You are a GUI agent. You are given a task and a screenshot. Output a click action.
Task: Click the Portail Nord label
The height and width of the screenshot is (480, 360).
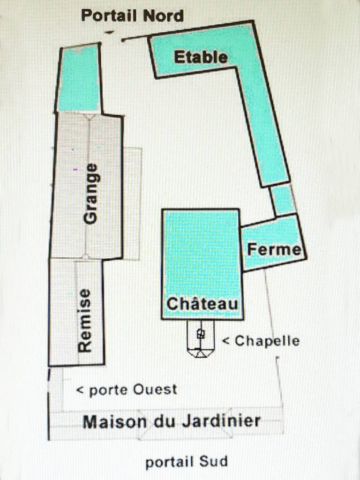coord(132,15)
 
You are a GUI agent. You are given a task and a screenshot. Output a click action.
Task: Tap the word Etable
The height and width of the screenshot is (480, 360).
coord(201,57)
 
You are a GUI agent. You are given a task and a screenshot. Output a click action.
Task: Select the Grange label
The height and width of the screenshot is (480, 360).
coord(91,194)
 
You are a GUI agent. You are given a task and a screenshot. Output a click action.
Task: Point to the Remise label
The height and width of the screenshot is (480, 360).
coord(84,321)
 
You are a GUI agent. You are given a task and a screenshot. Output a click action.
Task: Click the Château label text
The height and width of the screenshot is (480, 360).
coord(202,303)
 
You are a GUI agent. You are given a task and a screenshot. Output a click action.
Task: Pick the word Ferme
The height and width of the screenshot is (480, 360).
coord(274,249)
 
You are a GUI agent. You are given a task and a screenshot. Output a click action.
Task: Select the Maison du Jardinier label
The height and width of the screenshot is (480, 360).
coord(172,421)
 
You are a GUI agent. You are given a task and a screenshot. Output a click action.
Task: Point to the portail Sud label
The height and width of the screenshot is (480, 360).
coord(187,462)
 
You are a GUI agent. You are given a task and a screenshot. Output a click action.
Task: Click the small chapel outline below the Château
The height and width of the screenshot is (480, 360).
coord(201,338)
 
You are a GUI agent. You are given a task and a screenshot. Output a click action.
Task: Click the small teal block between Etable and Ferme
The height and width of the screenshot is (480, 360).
coord(283,200)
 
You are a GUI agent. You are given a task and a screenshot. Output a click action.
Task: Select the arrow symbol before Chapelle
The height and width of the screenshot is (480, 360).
coord(226,341)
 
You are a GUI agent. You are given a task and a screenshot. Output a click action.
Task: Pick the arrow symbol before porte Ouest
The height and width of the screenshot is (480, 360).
coord(80,390)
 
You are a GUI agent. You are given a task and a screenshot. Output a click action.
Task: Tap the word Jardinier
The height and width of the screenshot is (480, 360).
coord(221,421)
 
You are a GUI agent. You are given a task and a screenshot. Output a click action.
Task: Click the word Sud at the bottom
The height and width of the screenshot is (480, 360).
coord(213,461)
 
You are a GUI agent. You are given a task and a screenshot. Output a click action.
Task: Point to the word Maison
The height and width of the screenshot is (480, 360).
coord(115,422)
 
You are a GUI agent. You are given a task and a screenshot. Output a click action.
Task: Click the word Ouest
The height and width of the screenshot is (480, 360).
coord(155,390)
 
